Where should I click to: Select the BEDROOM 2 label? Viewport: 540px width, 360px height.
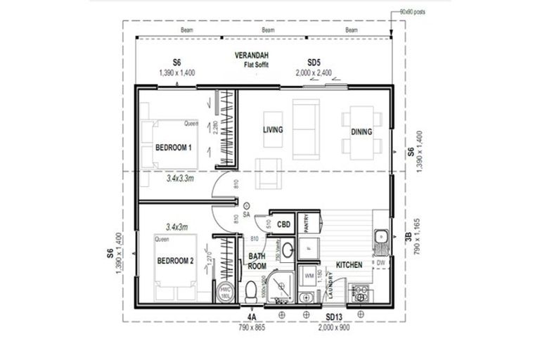coord(174,261)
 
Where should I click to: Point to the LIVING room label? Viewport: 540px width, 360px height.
coord(273,130)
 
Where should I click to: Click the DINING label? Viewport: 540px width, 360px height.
coord(361,131)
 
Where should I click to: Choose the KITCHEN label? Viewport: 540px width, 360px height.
coord(349,265)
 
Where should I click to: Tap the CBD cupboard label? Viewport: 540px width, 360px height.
coord(284,224)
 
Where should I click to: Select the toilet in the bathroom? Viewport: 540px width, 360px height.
coord(252,290)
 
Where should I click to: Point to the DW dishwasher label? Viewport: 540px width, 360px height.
coord(380,263)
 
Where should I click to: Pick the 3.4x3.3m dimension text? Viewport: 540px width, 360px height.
coord(181,179)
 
